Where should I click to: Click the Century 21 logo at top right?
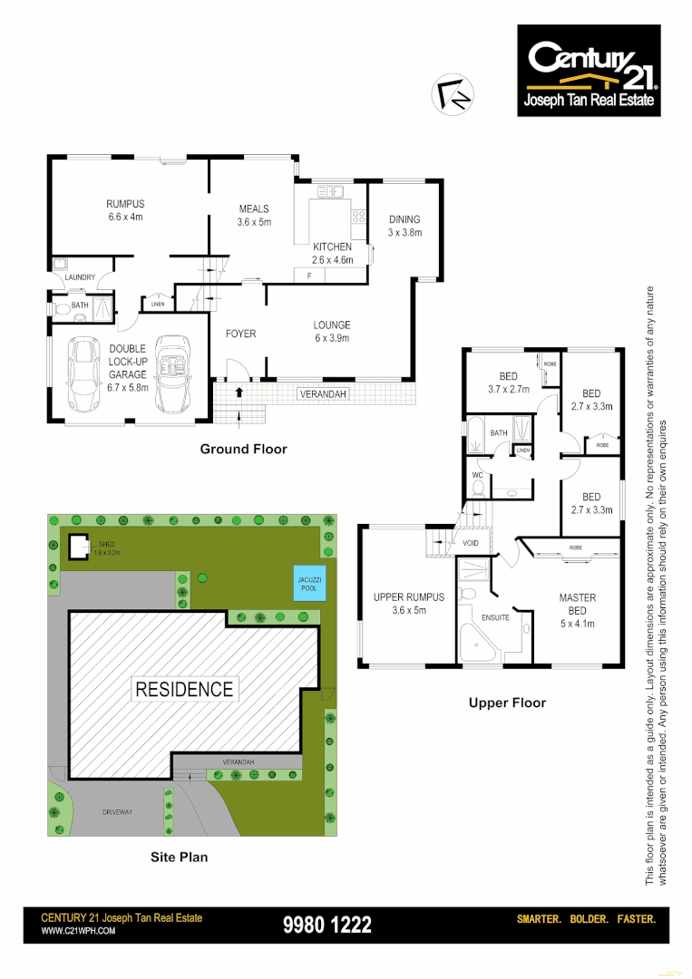pyautogui.click(x=590, y=71)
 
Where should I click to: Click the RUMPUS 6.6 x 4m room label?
pyautogui.click(x=125, y=210)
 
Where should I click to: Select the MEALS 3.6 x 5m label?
pyautogui.click(x=254, y=215)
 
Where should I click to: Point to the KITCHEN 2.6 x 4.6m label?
pyautogui.click(x=332, y=253)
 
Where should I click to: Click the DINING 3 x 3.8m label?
pyautogui.click(x=404, y=226)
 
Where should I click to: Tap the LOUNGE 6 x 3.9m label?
pyautogui.click(x=331, y=332)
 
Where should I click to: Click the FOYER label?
pyautogui.click(x=240, y=334)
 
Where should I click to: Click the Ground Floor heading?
pyautogui.click(x=243, y=449)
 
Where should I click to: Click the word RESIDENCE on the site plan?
pyautogui.click(x=184, y=689)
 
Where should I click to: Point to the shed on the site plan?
pyautogui.click(x=79, y=547)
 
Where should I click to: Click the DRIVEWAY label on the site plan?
pyautogui.click(x=117, y=812)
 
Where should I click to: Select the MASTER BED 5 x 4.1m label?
pyautogui.click(x=577, y=604)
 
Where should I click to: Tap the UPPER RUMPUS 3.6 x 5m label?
pyautogui.click(x=409, y=604)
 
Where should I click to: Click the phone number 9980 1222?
pyautogui.click(x=327, y=925)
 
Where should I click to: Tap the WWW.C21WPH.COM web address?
pyautogui.click(x=79, y=931)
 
